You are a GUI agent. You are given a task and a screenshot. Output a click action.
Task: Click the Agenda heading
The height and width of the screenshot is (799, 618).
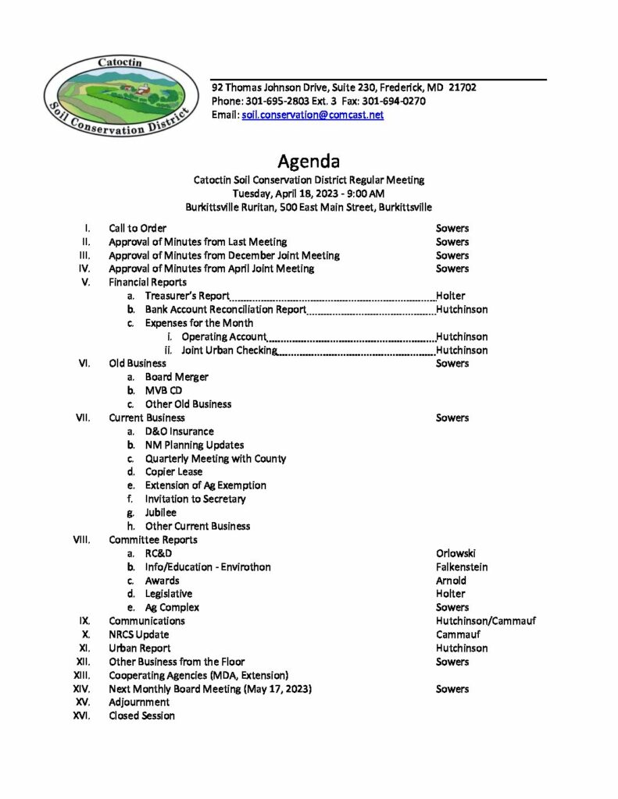click(x=309, y=162)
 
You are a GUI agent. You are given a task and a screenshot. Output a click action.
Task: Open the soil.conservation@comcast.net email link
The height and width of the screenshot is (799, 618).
click(x=313, y=115)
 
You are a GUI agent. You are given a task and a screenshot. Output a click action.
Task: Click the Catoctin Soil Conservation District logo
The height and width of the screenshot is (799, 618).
click(x=117, y=95)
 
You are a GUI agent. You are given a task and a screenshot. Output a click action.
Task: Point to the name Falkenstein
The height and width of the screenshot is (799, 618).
click(x=462, y=566)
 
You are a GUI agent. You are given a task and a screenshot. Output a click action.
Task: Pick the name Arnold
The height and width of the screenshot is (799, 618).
click(x=451, y=581)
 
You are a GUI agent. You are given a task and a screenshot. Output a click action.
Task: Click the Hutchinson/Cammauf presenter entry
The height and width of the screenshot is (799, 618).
click(x=486, y=621)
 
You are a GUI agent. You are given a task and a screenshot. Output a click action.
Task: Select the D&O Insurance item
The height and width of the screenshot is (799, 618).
click(x=179, y=431)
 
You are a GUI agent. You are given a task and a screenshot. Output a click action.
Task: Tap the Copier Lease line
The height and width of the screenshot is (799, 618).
click(x=173, y=472)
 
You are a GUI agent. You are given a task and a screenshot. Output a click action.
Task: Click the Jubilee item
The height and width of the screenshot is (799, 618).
click(x=161, y=513)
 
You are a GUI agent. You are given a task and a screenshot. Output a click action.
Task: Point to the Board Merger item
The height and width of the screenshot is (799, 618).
click(x=177, y=377)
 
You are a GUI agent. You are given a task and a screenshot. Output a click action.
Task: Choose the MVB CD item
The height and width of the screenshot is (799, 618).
click(x=163, y=390)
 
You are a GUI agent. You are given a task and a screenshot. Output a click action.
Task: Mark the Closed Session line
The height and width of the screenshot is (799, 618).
click(x=141, y=716)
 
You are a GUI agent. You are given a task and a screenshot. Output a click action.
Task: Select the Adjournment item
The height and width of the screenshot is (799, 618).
click(x=139, y=702)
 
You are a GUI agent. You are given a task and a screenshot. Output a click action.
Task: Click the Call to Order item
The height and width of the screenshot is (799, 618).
click(x=138, y=229)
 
